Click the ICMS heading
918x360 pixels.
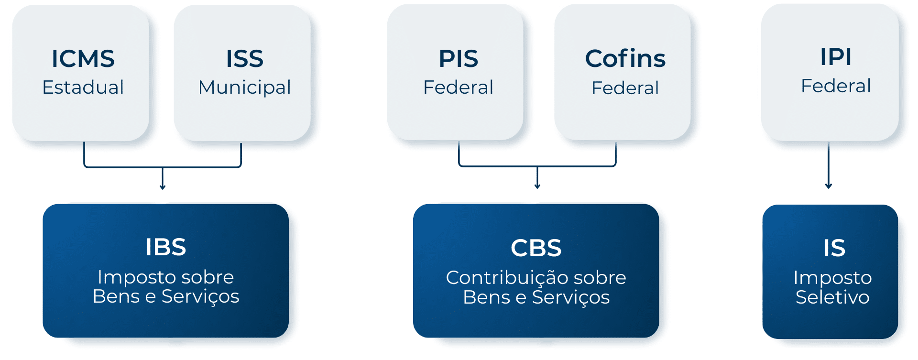pos(83,59)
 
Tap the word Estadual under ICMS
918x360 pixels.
pos(83,87)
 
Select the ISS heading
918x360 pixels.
pos(244,59)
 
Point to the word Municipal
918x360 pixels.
pos(244,87)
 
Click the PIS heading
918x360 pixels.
pos(458,59)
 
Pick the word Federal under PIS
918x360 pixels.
pos(458,87)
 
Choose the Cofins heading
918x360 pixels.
pos(625,59)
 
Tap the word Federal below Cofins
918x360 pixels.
pos(625,88)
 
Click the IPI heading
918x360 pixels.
pos(835,57)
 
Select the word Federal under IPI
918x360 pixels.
pos(835,86)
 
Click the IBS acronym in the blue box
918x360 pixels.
pos(165,247)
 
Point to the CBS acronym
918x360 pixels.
pos(535,248)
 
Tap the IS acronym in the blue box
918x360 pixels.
pos(834,248)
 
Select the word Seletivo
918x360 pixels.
pos(832,297)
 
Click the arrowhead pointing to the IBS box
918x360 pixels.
pos(163,187)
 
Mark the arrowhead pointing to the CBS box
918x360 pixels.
pos(537,186)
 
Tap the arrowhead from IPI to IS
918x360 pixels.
pos(829,186)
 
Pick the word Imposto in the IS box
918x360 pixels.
pos(832,278)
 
